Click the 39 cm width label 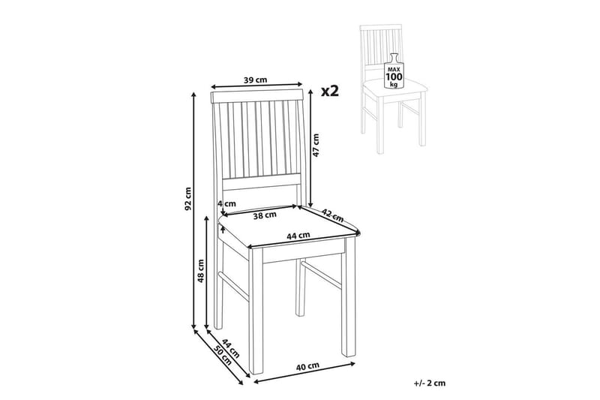[256, 80]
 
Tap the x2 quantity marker [330, 91]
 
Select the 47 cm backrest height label [316, 146]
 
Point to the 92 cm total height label [187, 199]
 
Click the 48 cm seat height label [200, 271]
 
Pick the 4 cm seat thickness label [227, 203]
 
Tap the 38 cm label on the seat [265, 215]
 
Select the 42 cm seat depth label [332, 215]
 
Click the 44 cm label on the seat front [298, 235]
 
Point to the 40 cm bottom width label [307, 365]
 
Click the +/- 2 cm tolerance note [430, 383]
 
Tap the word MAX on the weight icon [394, 70]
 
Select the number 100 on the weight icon [394, 77]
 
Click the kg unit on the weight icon [394, 84]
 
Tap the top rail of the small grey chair [381, 28]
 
